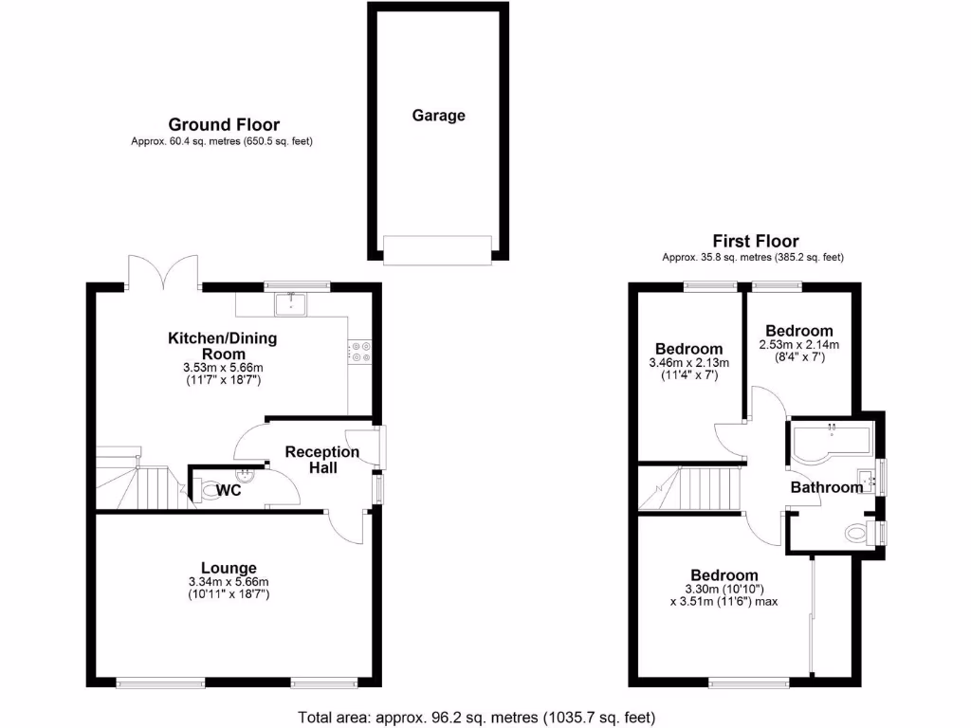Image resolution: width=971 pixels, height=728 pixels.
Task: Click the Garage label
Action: (438, 116)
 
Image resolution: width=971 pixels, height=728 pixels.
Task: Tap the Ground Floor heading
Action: (224, 124)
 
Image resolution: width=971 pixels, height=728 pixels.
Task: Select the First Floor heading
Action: (755, 242)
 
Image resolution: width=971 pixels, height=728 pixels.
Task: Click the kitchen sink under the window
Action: (288, 303)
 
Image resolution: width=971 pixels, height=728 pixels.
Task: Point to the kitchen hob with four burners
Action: (360, 352)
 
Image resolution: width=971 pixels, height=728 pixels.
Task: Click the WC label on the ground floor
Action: (229, 491)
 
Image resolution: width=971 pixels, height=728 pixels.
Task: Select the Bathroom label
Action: (827, 487)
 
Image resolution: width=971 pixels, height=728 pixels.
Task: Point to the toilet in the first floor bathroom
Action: (857, 533)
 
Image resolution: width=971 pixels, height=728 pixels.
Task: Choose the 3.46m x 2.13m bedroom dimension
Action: (687, 363)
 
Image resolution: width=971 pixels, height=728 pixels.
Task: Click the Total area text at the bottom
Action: (477, 717)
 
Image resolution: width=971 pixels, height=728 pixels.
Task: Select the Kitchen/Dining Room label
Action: (222, 345)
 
